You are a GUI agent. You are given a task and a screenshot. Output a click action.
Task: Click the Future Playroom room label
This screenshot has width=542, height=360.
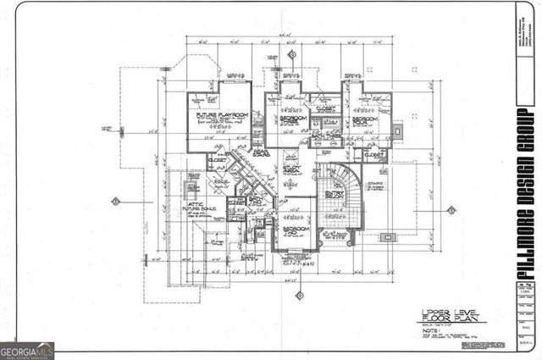pyautogui.click(x=218, y=114)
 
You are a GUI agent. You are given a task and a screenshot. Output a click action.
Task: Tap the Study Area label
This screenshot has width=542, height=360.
pyautogui.click(x=293, y=169)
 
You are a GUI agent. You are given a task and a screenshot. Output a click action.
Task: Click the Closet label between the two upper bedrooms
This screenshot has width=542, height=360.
pyautogui.click(x=325, y=108)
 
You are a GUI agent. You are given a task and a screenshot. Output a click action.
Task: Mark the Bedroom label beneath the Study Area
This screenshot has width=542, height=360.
pyautogui.click(x=295, y=230)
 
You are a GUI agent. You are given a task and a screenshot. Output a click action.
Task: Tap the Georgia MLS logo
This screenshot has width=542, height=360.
pyautogui.click(x=27, y=350)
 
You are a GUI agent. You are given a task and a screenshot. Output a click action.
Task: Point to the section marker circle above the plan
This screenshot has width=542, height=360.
pyautogui.click(x=292, y=53)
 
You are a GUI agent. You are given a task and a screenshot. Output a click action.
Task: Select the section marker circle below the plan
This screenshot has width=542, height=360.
pyautogui.click(x=298, y=295)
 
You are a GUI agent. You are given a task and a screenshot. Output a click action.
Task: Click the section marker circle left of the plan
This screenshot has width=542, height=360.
pyautogui.click(x=115, y=201)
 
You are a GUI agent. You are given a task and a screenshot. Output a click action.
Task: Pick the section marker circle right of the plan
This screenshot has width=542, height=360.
pyautogui.click(x=452, y=209)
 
